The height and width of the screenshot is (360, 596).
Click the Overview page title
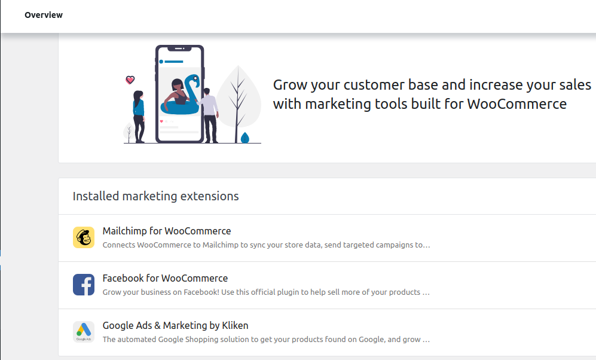pos(43,15)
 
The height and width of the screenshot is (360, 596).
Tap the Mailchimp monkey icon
pos(84,237)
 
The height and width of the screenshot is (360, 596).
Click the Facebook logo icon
pos(84,285)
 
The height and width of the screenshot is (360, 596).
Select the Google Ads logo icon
pos(84,332)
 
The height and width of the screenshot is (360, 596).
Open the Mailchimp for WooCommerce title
pos(166,231)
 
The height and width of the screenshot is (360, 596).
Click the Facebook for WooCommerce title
pos(165,278)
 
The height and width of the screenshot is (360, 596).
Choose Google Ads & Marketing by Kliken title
pos(175,325)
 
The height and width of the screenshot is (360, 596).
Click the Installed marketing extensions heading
pos(155,196)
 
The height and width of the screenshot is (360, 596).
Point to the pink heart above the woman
pos(130,80)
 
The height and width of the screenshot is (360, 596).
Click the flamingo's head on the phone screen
pos(195,79)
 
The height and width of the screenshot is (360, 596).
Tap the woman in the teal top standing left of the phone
pos(139,117)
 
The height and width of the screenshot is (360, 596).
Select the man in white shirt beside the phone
pos(209,115)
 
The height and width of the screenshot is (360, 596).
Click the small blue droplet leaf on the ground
pos(245,138)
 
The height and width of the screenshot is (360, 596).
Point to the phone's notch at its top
pos(179,48)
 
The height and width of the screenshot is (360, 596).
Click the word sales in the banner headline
pos(575,85)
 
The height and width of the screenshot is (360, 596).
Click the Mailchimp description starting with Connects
pos(266,245)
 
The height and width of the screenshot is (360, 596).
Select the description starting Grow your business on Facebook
pos(266,292)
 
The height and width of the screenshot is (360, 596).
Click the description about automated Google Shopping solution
pos(266,339)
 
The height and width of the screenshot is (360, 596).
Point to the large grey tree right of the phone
pos(238,103)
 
